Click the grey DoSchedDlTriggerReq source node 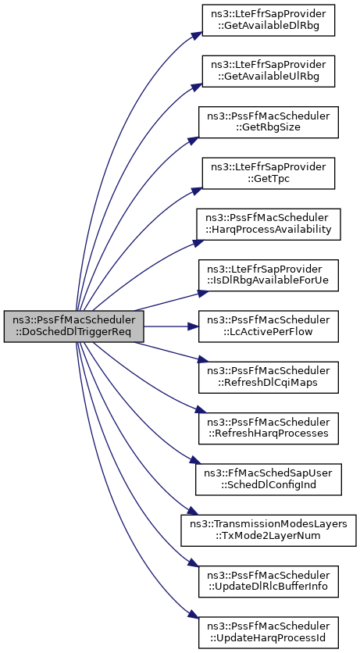click(x=74, y=326)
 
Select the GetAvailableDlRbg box click(x=269, y=20)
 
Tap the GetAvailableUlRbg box click(x=269, y=71)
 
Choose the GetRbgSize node click(x=269, y=122)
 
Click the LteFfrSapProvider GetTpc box click(x=269, y=173)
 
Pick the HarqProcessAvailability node click(x=269, y=224)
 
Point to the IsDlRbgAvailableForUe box click(x=269, y=275)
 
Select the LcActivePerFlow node click(x=269, y=326)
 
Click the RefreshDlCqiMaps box click(x=269, y=377)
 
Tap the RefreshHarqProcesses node click(x=269, y=429)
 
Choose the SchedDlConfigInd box click(x=269, y=480)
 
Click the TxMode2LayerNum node click(x=269, y=530)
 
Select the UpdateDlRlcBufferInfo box click(x=269, y=581)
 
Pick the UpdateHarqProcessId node click(x=269, y=633)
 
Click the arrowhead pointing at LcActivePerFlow click(x=193, y=326)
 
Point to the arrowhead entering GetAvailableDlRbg click(x=198, y=35)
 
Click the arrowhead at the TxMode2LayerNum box click(x=191, y=512)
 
